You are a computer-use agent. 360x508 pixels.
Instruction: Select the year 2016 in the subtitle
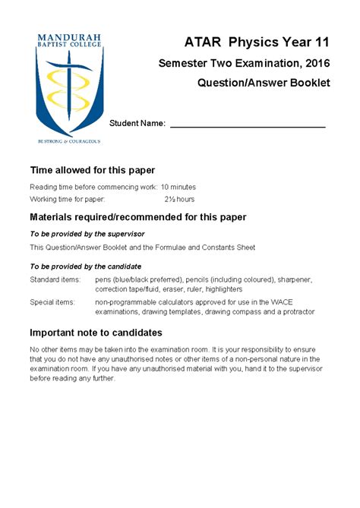pyautogui.click(x=314, y=62)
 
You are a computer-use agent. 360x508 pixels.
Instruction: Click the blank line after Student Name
pyautogui.click(x=248, y=124)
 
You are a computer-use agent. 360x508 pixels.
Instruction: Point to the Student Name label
pyautogui.click(x=137, y=123)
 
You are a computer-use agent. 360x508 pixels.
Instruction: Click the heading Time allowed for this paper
pyautogui.click(x=92, y=169)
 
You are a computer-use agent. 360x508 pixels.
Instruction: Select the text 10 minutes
pyautogui.click(x=178, y=187)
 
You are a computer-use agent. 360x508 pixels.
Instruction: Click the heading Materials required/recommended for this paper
pyautogui.click(x=137, y=217)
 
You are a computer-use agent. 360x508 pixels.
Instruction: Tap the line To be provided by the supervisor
pyautogui.click(x=87, y=234)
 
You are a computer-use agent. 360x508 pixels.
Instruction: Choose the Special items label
pyautogui.click(x=52, y=301)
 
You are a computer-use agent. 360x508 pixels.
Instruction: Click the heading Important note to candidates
pyautogui.click(x=95, y=333)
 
